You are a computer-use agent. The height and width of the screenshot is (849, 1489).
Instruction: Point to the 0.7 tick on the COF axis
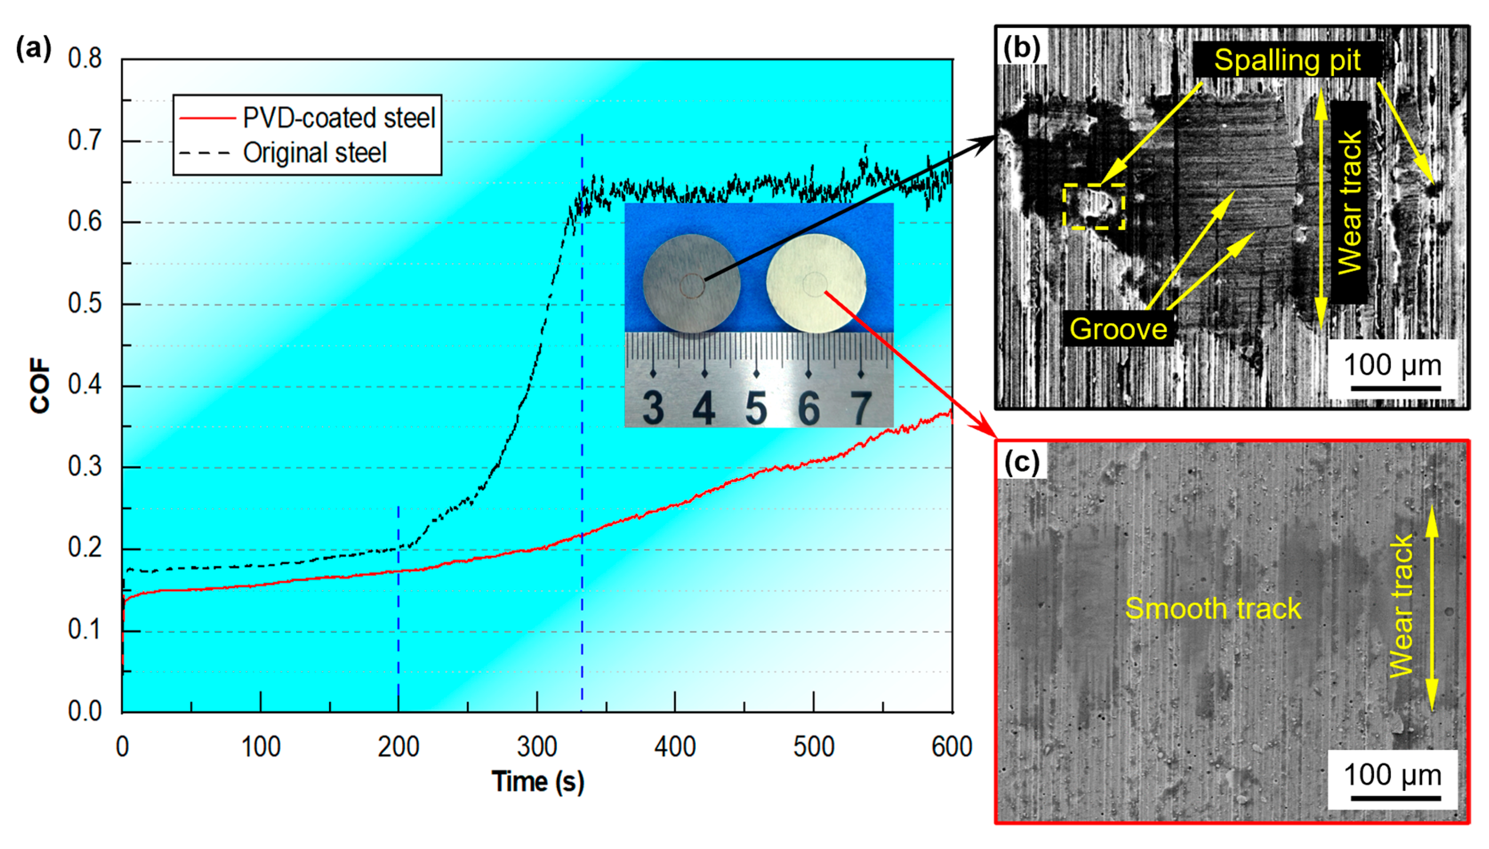85,140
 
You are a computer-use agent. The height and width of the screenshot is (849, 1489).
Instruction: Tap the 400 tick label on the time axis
675,747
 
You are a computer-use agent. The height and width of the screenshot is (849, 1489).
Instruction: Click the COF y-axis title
40,385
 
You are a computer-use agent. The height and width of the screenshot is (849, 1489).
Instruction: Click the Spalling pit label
1287,60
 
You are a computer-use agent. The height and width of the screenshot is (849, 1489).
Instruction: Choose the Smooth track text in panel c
1213,609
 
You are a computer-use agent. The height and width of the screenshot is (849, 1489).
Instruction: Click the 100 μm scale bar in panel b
1395,387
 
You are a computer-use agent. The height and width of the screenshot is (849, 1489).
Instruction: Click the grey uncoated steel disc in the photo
692,284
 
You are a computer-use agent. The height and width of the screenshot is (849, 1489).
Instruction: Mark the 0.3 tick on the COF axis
85,467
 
